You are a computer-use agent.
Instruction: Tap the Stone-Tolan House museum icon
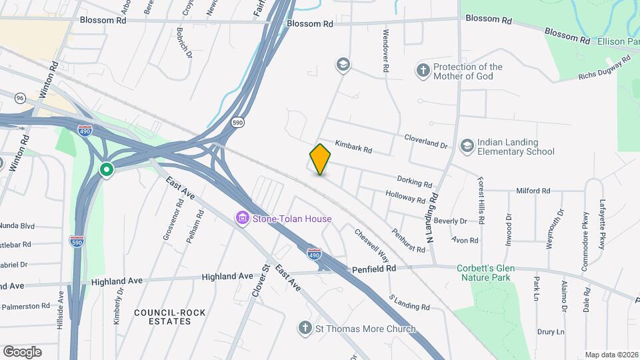tap(241, 218)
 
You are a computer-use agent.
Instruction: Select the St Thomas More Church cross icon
tap(305, 328)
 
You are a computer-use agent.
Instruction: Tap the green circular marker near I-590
tap(106, 170)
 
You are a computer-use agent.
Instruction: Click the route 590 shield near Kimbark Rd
tap(237, 122)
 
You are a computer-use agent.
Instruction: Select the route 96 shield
tap(21, 98)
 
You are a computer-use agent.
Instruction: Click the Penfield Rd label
tap(374, 268)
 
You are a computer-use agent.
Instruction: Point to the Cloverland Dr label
tap(427, 141)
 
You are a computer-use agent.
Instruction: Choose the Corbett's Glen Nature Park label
tap(483, 273)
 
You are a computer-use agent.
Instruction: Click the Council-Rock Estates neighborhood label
tap(163, 317)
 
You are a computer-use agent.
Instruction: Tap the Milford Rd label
tap(533, 191)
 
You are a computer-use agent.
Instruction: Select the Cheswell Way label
tap(371, 245)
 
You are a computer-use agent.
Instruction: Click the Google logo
tap(22, 351)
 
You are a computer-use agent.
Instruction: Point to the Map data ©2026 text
tap(611, 355)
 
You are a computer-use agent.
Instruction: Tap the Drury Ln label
tap(551, 331)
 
